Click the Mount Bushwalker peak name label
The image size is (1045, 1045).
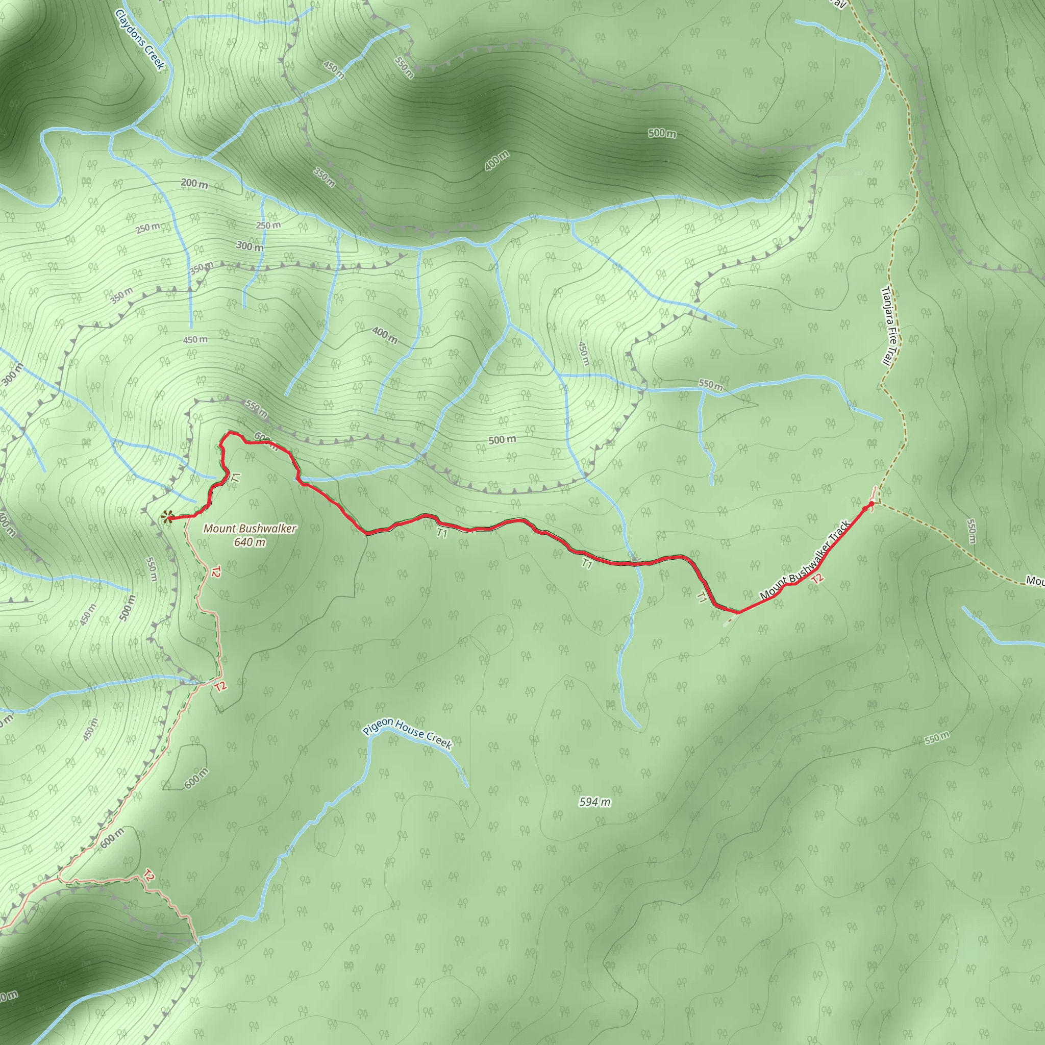(x=250, y=529)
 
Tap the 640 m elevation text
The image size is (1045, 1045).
(x=250, y=542)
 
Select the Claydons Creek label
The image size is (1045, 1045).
(x=139, y=39)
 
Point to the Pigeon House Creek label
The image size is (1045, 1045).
(x=407, y=734)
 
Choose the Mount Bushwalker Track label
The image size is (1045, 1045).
(x=805, y=560)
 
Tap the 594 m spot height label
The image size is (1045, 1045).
(x=594, y=802)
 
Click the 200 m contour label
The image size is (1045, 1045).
(x=194, y=184)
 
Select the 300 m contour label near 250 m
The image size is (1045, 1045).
(x=250, y=246)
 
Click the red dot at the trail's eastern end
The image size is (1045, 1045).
(x=871, y=504)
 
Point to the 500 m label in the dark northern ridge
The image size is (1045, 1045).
(x=662, y=133)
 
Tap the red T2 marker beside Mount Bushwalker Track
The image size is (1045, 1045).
(x=817, y=578)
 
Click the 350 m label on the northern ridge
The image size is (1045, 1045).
(x=324, y=178)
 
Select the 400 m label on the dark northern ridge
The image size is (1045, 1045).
(x=496, y=161)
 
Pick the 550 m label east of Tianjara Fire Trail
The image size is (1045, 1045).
(x=971, y=531)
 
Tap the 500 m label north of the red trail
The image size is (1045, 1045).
(x=502, y=440)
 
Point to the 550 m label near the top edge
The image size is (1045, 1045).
(x=404, y=67)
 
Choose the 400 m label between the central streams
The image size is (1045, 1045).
(x=385, y=335)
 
